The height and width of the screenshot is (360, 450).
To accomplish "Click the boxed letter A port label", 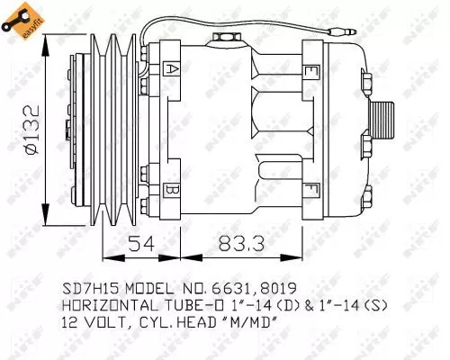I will point(172,67).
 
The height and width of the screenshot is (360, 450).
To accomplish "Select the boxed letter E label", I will point(311,70).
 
